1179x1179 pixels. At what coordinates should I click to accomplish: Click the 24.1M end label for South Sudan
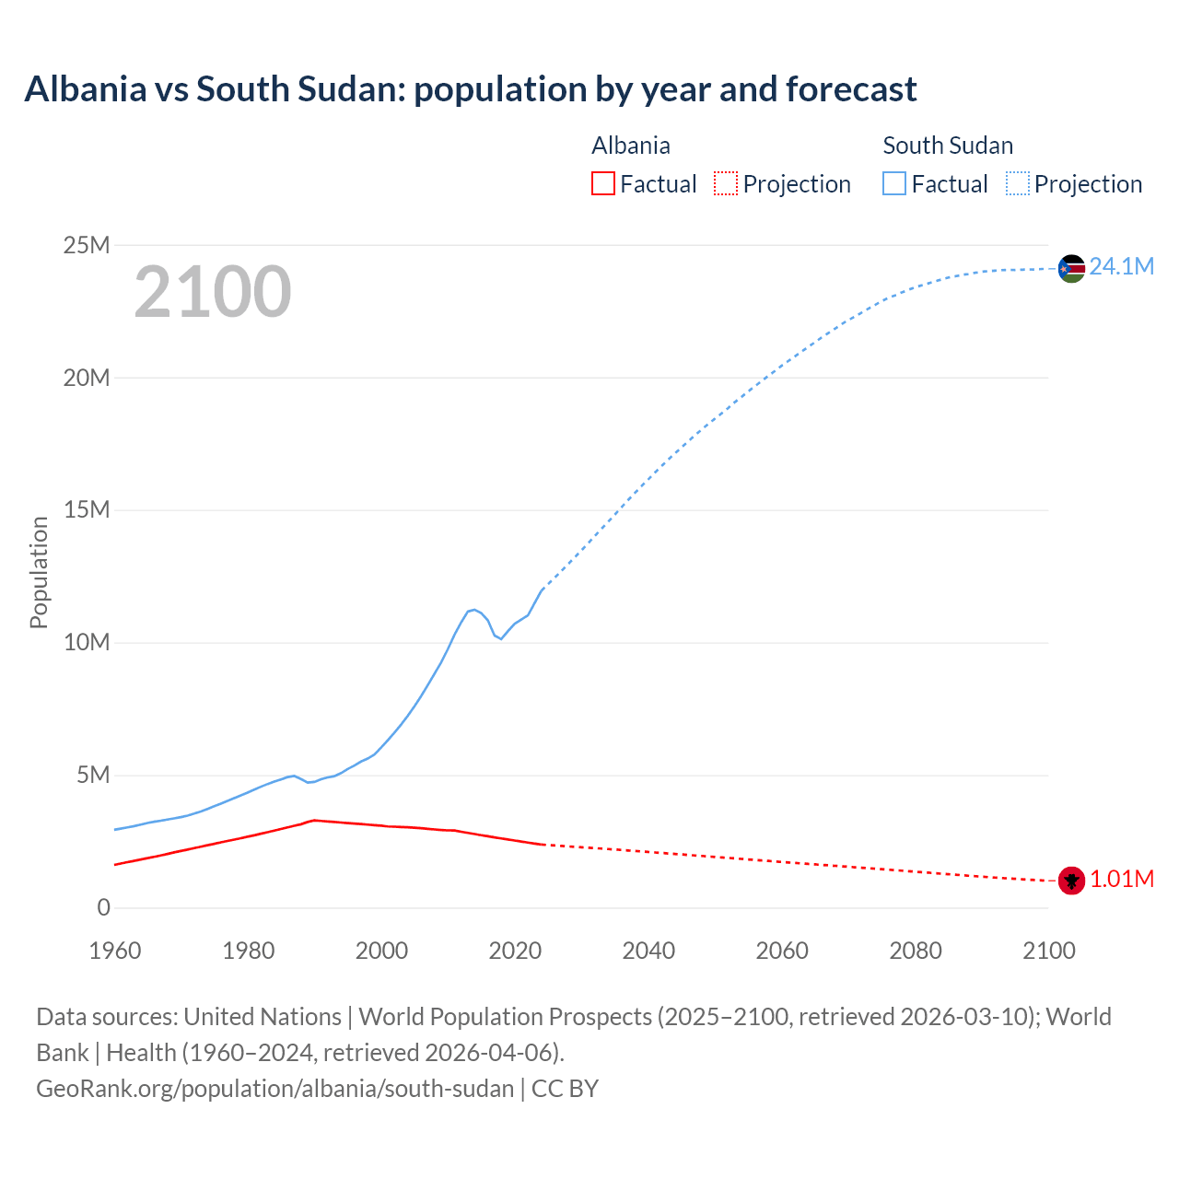(x=1121, y=267)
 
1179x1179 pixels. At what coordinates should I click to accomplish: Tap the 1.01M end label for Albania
(x=1122, y=880)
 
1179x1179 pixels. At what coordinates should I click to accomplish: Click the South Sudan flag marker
(x=1071, y=268)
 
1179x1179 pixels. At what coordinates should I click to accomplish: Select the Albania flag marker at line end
(x=1071, y=881)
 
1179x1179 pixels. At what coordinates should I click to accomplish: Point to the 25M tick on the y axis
(x=87, y=245)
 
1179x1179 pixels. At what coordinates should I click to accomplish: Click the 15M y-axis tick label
(x=87, y=510)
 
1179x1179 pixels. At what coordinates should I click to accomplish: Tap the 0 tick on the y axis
(x=103, y=908)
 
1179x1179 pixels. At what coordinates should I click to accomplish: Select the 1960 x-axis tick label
(x=115, y=951)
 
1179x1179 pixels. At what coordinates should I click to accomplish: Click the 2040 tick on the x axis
(x=648, y=951)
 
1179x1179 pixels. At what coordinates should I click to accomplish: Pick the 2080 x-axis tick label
(x=916, y=951)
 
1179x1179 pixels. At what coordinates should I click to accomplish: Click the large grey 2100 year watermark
(x=213, y=292)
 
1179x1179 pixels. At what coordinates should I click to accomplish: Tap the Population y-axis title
(x=39, y=572)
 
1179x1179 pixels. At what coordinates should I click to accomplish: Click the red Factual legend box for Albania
(x=602, y=184)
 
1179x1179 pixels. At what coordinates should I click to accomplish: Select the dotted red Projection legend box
(x=726, y=184)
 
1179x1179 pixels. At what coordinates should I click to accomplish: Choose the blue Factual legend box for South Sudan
(x=894, y=184)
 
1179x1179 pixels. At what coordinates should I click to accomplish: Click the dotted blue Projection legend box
(x=1018, y=184)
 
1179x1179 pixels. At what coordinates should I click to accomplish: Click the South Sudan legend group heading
(x=948, y=146)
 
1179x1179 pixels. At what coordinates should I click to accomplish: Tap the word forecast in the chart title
(x=851, y=89)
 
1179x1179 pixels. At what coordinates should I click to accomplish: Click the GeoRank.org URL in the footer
(x=274, y=1089)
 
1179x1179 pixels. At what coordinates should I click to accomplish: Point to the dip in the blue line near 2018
(x=500, y=637)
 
